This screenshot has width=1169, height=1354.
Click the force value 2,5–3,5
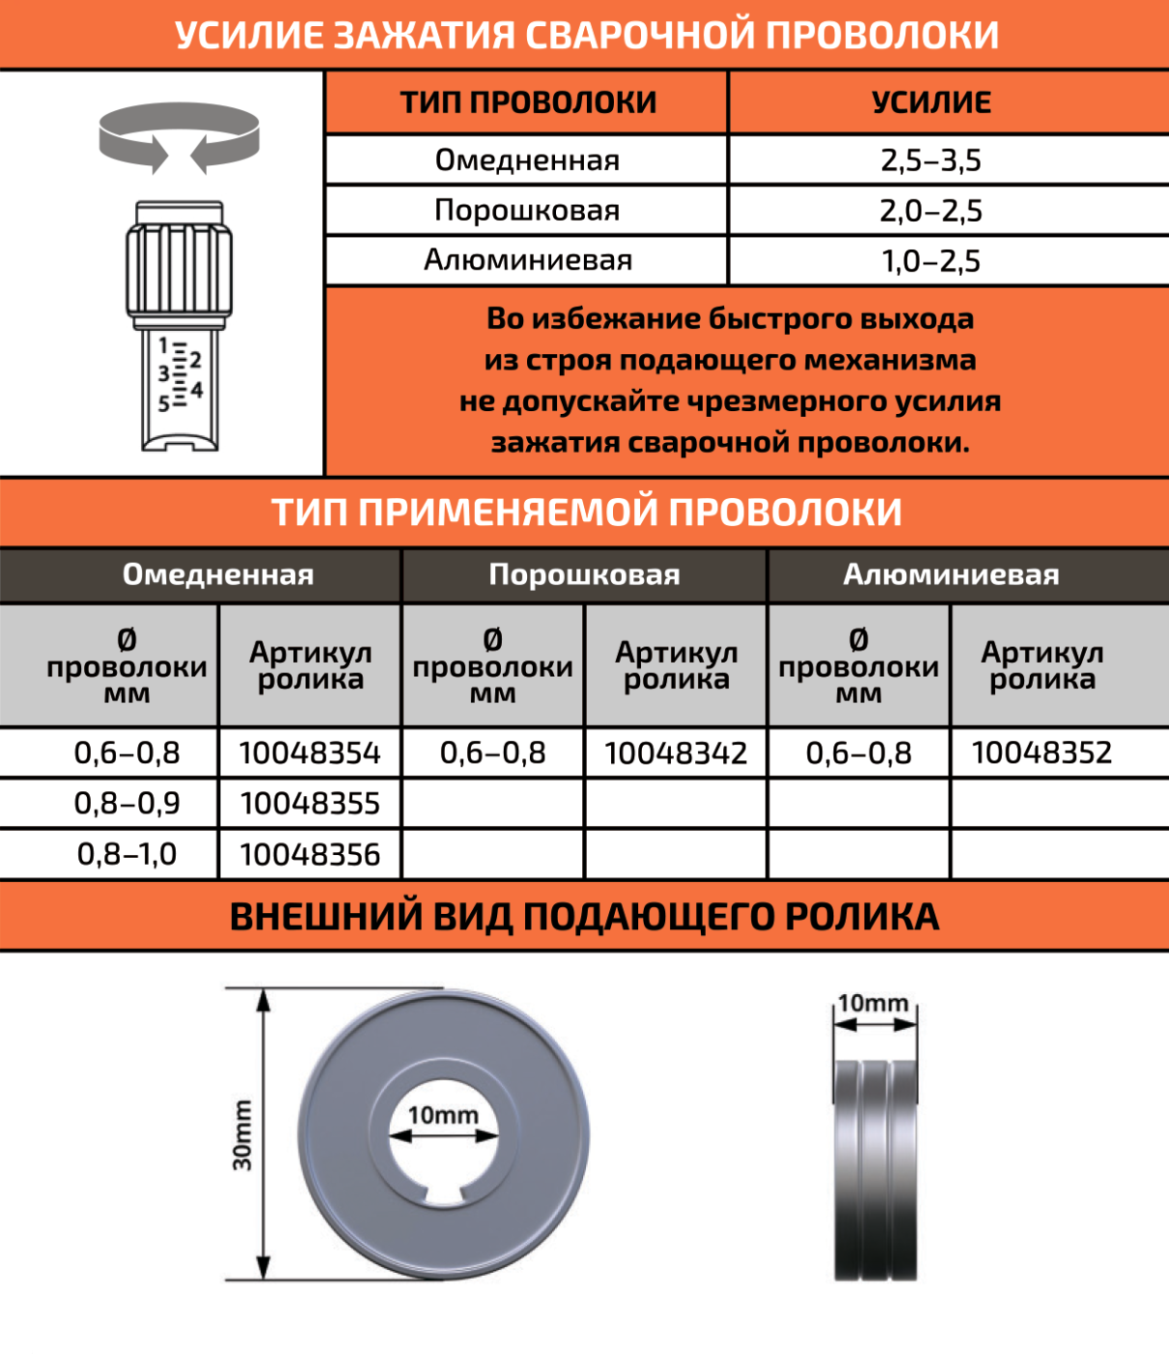(930, 161)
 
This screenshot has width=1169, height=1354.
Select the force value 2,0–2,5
(930, 211)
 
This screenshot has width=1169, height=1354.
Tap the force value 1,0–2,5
(930, 261)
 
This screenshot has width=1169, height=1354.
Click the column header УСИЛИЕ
(931, 103)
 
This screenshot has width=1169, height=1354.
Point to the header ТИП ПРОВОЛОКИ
(528, 103)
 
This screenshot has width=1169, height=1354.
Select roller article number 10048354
(309, 753)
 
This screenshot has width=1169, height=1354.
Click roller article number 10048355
(309, 804)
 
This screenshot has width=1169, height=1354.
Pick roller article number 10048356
(309, 855)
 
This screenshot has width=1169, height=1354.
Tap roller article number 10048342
(676, 753)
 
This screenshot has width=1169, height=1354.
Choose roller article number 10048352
(1041, 753)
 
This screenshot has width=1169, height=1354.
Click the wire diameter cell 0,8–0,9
(127, 804)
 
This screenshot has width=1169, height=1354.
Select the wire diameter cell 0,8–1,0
(127, 855)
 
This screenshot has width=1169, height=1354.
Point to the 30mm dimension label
(242, 1134)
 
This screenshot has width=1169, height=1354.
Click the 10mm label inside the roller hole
(443, 1115)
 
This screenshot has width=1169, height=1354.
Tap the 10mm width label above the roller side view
(873, 1003)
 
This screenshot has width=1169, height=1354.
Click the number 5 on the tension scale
(164, 403)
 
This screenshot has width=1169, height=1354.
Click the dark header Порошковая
(584, 575)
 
